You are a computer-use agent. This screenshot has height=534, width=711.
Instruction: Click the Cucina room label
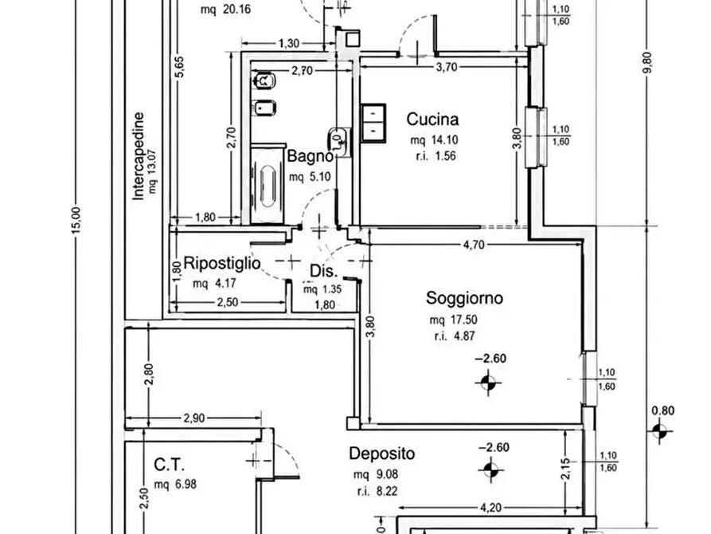tap(432, 120)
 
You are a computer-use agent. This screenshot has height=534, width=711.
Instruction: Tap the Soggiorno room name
tap(464, 298)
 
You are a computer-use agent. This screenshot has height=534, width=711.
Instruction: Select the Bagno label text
tap(311, 156)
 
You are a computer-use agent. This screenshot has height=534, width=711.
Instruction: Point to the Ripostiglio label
tap(221, 263)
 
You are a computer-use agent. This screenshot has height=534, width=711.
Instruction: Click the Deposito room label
tap(382, 454)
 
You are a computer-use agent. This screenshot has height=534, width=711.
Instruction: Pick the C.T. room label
tap(169, 465)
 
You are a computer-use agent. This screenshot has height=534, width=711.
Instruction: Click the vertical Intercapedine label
tap(139, 155)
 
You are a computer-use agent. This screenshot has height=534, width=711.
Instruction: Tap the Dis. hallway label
tap(324, 272)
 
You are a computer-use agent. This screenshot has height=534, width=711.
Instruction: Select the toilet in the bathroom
tap(264, 81)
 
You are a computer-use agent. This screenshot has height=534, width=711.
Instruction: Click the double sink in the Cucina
tap(373, 123)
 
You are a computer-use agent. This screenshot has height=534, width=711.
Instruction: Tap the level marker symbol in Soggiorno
tap(488, 383)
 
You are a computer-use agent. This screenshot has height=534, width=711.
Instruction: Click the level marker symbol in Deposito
tap(490, 470)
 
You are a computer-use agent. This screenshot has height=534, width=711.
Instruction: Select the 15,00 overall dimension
tap(76, 221)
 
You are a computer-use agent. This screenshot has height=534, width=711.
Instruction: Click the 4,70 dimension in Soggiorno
tap(474, 245)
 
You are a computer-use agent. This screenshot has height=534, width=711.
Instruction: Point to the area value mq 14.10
tap(434, 140)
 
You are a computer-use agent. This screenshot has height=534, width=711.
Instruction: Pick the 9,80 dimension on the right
tap(649, 63)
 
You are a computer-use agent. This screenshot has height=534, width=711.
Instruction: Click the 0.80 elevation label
tap(662, 411)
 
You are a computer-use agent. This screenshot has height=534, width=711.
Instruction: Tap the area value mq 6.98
tap(175, 485)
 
